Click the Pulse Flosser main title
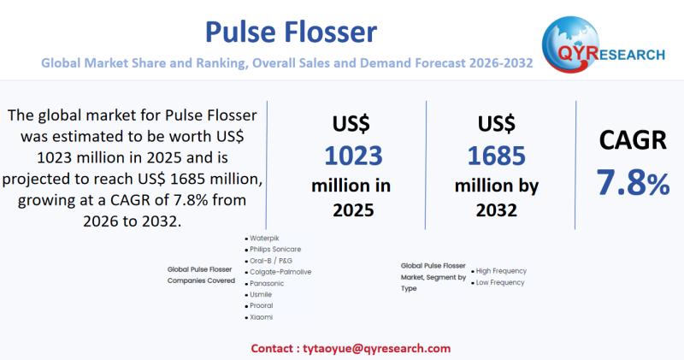click(291, 32)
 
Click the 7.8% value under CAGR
click(633, 183)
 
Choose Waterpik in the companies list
click(263, 238)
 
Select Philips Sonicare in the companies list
click(274, 249)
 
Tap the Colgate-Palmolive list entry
click(280, 271)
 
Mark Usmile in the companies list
click(262, 293)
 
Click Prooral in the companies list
click(262, 305)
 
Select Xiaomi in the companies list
click(261, 316)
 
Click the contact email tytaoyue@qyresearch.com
click(351, 348)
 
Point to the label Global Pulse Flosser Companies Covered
click(201, 274)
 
